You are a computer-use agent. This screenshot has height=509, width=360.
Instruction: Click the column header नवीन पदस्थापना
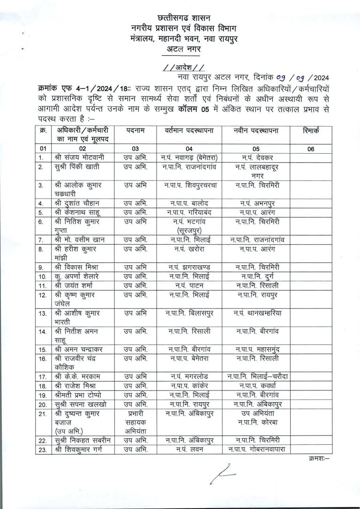click(258, 131)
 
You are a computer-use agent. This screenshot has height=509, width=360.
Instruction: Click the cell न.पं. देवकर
click(258, 157)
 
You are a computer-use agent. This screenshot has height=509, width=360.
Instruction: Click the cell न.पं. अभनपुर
click(258, 203)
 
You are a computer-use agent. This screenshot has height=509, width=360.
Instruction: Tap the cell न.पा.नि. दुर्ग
click(258, 276)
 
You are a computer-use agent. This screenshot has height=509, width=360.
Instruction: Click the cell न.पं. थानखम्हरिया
click(258, 313)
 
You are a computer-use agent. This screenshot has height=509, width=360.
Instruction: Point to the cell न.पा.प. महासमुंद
click(258, 349)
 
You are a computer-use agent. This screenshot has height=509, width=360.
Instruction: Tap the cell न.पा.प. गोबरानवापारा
click(258, 449)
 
